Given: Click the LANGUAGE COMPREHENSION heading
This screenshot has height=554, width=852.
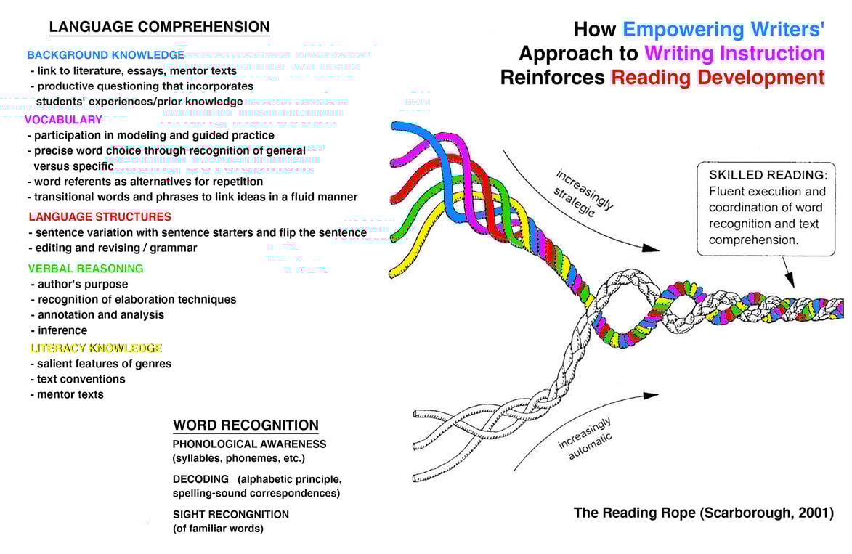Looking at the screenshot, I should point(159,28).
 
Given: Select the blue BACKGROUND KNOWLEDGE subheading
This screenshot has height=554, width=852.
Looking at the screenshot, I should point(105,55).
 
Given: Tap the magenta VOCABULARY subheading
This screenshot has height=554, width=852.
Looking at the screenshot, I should point(64,120).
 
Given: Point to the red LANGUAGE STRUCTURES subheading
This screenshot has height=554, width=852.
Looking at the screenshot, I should point(100,216).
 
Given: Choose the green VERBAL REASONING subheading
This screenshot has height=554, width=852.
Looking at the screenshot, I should point(86,268).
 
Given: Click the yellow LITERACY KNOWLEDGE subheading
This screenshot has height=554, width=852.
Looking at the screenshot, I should point(96,348).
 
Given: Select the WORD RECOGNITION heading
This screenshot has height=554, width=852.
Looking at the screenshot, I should point(246,425).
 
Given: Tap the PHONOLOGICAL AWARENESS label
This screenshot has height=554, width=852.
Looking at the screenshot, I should point(249,444).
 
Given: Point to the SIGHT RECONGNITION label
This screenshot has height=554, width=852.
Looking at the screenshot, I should point(230,514).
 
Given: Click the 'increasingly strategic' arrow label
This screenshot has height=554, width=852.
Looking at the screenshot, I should point(583,193).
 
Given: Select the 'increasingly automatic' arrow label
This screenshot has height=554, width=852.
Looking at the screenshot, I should point(585,439).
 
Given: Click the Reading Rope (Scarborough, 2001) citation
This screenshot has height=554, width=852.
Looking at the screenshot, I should point(703,513).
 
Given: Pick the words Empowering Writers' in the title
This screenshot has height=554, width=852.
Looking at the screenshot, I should point(723,30).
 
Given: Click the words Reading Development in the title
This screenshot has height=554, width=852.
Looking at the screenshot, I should point(718,78).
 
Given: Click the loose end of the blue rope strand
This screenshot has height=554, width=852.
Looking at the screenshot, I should point(397,127).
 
